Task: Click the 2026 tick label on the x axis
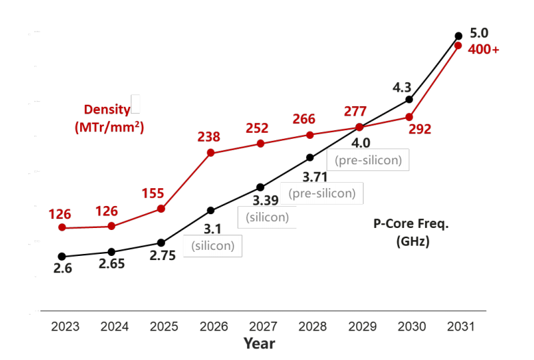pyautogui.click(x=214, y=326)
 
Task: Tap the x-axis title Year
pyautogui.click(x=259, y=344)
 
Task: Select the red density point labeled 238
pyautogui.click(x=211, y=153)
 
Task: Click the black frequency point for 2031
pyautogui.click(x=459, y=36)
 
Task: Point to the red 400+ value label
pyautogui.click(x=483, y=50)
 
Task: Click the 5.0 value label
pyautogui.click(x=479, y=33)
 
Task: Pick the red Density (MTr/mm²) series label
pyautogui.click(x=110, y=118)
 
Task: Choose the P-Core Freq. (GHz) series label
pyautogui.click(x=411, y=232)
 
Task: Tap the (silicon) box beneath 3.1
pyautogui.click(x=213, y=246)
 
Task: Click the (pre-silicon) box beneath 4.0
pyautogui.click(x=368, y=159)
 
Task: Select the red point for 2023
pyautogui.click(x=62, y=227)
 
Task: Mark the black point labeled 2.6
pyautogui.click(x=62, y=257)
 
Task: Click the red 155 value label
pyautogui.click(x=153, y=194)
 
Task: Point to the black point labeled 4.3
pyautogui.click(x=409, y=99)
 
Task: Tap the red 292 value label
pyautogui.click(x=420, y=129)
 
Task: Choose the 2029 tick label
pyautogui.click(x=362, y=326)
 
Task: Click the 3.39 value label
pyautogui.click(x=266, y=201)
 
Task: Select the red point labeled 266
pyautogui.click(x=310, y=136)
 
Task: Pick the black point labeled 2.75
pyautogui.click(x=161, y=243)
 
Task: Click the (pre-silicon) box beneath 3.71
pyautogui.click(x=322, y=194)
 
